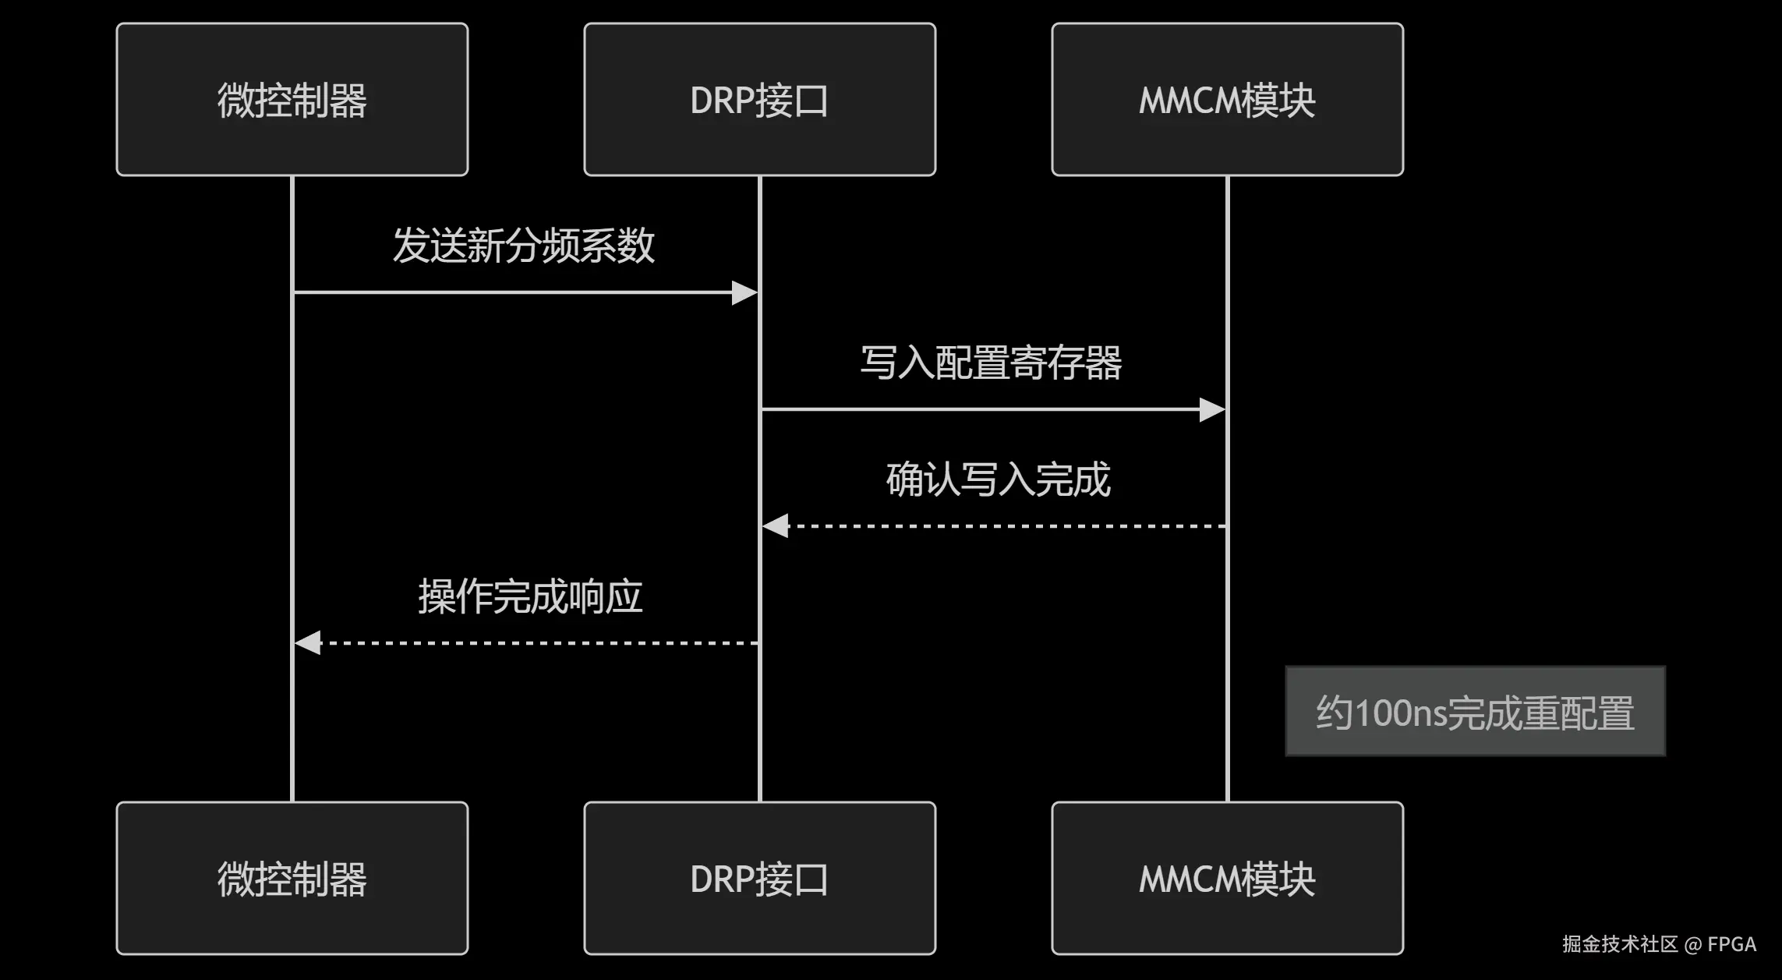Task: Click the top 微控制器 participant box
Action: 292,99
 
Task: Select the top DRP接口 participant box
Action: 759,99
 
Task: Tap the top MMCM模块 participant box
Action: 1227,99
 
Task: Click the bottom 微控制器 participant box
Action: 292,878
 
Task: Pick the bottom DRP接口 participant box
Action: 759,878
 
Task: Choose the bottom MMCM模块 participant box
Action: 1227,878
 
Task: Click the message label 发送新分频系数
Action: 523,246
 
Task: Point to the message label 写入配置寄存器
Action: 991,363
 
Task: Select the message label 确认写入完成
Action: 998,479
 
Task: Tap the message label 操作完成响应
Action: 530,596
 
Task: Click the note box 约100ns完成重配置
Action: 1475,711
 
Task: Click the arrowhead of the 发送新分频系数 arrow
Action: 744,293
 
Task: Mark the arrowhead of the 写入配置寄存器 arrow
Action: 1212,409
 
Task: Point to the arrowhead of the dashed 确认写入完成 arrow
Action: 776,526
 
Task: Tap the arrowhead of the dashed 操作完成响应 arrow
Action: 308,643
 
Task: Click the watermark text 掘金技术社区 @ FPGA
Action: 1659,944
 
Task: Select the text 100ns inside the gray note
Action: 1401,713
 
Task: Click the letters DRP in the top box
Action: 722,101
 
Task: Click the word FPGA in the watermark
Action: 1731,944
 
